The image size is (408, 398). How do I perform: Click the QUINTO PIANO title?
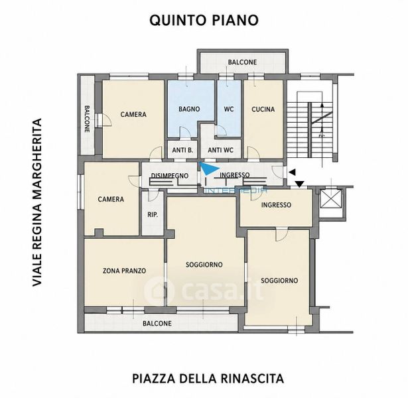coord(204,20)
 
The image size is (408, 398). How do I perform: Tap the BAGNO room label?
coord(189,109)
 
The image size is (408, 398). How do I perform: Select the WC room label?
coord(229,109)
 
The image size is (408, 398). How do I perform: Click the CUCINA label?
coord(263,109)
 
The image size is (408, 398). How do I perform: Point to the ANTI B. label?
coord(182,150)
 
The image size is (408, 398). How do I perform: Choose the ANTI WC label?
coord(221,150)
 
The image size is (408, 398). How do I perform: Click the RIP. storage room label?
coord(153,215)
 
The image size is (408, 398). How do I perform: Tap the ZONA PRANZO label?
coord(124,271)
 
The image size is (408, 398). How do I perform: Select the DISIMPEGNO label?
coord(170,176)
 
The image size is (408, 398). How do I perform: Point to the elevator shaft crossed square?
coord(330,199)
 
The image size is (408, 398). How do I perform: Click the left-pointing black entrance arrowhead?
coord(293,172)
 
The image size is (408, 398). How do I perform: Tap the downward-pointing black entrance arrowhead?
coord(300,184)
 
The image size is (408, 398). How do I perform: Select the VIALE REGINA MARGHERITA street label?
coord(37,202)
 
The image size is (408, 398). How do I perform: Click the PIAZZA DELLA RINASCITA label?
coord(208,379)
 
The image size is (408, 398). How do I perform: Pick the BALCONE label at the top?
coord(242,62)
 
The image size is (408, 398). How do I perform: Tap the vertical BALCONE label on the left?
coord(87,119)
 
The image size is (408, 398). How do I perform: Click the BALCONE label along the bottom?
coord(157,323)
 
